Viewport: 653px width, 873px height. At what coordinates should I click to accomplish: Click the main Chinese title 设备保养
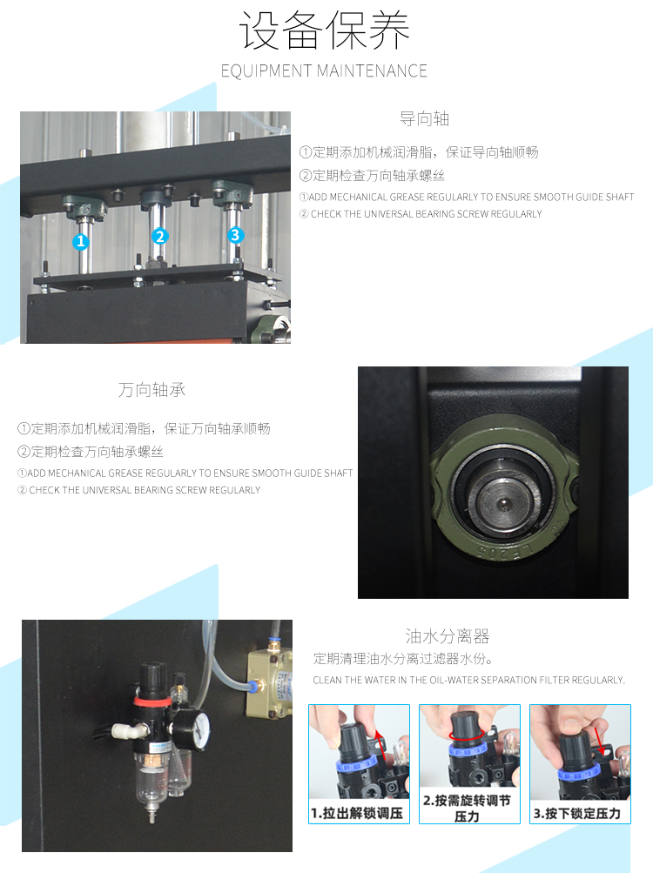[324, 31]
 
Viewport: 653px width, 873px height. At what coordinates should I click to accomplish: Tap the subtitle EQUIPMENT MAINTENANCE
[324, 71]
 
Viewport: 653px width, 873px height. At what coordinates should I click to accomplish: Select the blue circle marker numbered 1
[81, 241]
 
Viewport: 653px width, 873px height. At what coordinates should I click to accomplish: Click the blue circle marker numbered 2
[159, 237]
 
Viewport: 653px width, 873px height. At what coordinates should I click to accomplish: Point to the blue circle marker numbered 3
[235, 235]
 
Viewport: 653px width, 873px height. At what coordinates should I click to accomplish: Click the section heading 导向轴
[424, 118]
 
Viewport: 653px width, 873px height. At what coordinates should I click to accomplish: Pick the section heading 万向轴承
[151, 390]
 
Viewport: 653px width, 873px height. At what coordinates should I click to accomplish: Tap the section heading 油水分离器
[447, 636]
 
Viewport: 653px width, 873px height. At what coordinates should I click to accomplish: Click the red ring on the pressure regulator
[152, 698]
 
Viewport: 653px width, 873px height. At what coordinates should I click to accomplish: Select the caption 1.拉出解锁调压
[357, 814]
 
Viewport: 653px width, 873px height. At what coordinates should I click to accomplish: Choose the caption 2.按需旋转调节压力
[467, 809]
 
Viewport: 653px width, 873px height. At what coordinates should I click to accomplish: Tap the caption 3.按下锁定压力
[577, 814]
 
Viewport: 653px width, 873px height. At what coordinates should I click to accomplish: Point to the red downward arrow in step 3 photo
[600, 741]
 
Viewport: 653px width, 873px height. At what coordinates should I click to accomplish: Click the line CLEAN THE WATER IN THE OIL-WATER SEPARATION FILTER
[468, 680]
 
